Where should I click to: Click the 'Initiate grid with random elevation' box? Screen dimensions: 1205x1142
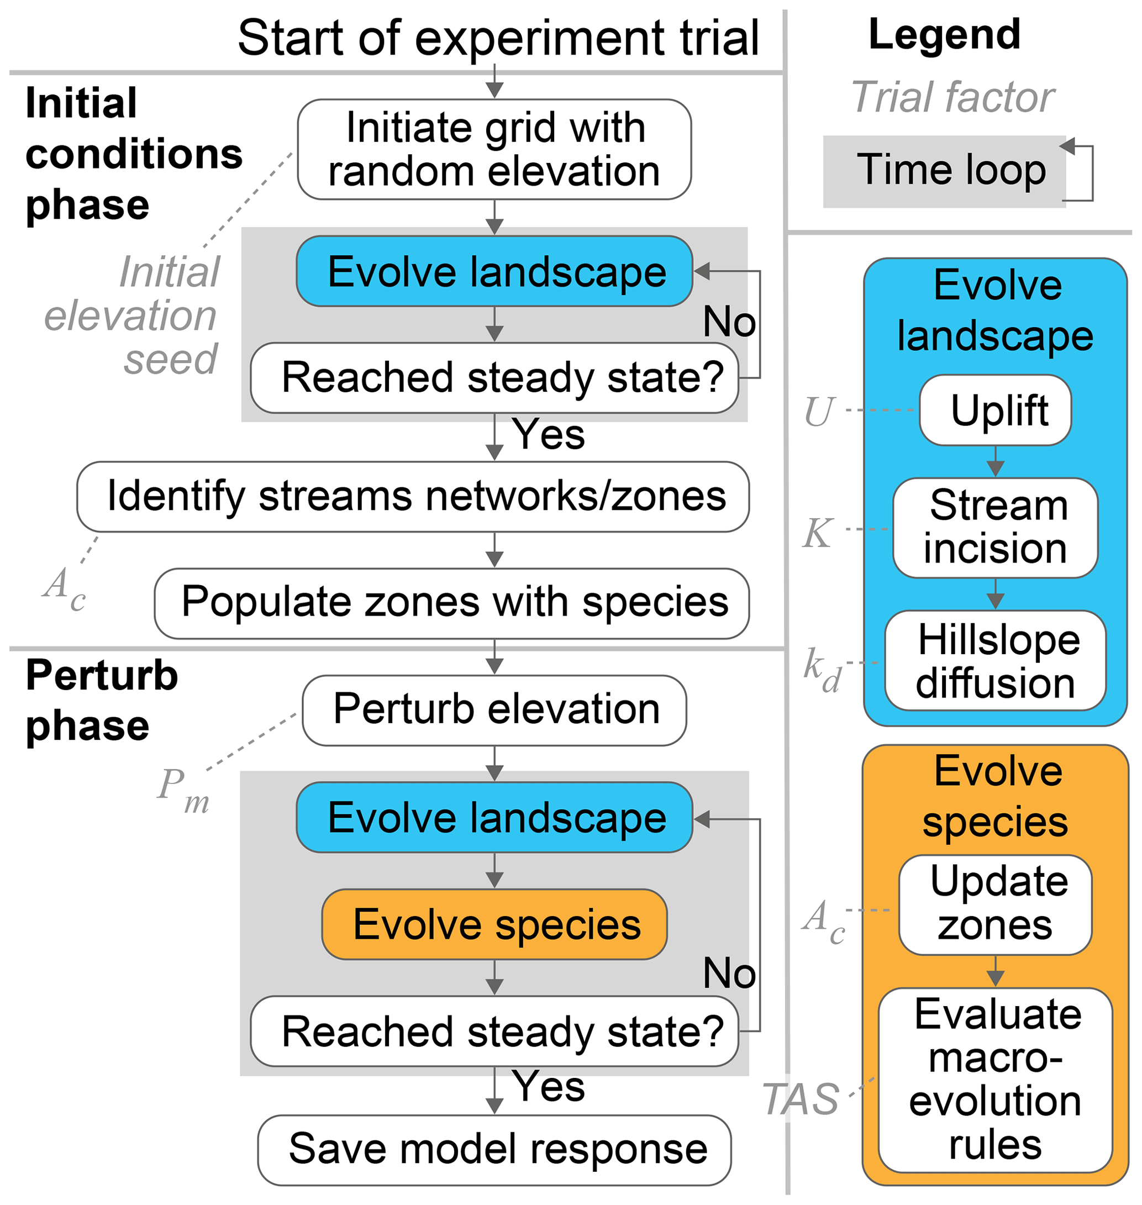pos(494,149)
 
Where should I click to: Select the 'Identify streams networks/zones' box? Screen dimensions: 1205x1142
pos(413,496)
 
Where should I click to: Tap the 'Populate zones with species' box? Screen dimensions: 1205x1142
pos(452,603)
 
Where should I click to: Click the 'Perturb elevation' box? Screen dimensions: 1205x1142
pos(494,710)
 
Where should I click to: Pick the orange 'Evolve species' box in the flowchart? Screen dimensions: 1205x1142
pos(494,924)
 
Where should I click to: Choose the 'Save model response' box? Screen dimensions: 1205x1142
pos(494,1150)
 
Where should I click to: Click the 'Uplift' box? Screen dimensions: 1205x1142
pos(994,411)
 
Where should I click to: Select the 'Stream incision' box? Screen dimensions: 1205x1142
pos(994,527)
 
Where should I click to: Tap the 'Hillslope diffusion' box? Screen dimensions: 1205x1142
pos(994,661)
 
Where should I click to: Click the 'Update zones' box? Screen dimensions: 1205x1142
pos(994,905)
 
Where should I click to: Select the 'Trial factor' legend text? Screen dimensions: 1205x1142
pos(952,97)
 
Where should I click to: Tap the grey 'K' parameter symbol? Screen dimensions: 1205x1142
pos(817,533)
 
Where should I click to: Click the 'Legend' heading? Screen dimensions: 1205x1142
pos(944,35)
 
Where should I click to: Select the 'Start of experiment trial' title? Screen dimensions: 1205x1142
pos(498,38)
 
